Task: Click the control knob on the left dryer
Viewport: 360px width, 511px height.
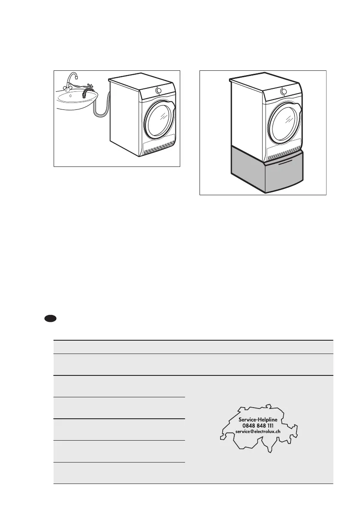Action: point(158,91)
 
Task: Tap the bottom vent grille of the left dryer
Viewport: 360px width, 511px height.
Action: point(159,148)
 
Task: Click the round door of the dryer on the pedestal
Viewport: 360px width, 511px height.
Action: point(284,121)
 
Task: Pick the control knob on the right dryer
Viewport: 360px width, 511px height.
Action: point(283,91)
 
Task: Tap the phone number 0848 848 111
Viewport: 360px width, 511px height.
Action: point(258,425)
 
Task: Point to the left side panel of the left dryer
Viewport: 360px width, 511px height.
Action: point(124,116)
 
